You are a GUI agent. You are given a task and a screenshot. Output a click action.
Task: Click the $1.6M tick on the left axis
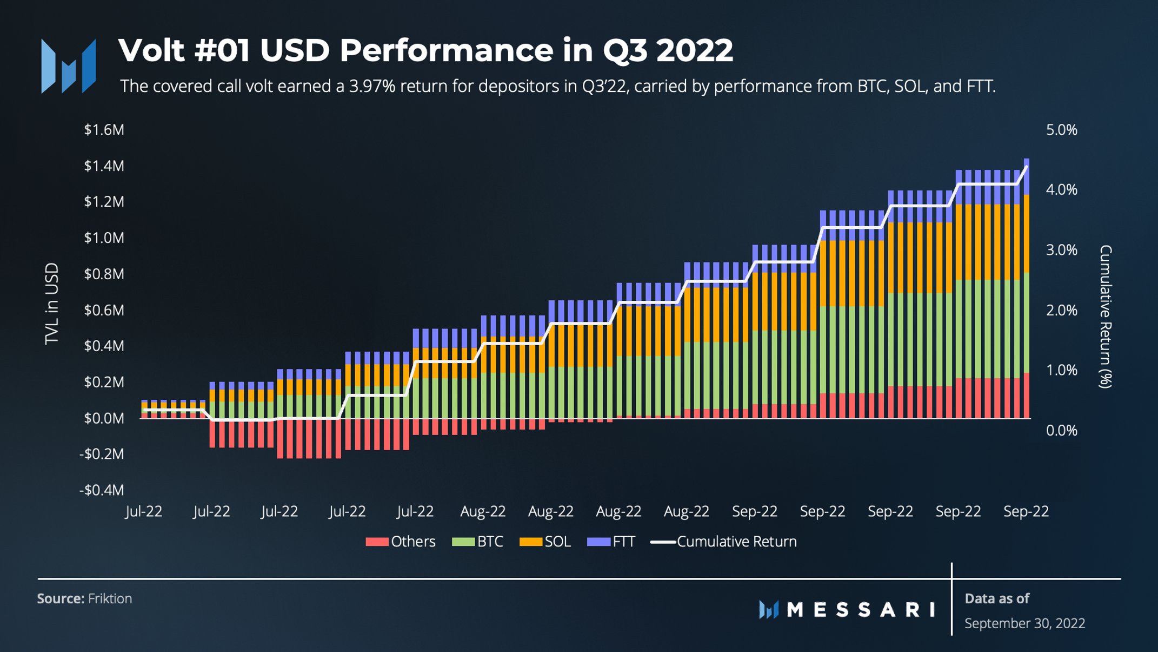pyautogui.click(x=104, y=130)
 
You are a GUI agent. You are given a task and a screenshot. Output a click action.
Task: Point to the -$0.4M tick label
pyautogui.click(x=102, y=490)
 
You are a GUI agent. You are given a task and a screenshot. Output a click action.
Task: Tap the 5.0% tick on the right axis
pyautogui.click(x=1061, y=130)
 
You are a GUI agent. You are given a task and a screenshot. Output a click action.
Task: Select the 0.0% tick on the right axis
pyautogui.click(x=1061, y=431)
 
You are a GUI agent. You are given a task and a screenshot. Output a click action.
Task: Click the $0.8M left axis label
pyautogui.click(x=104, y=274)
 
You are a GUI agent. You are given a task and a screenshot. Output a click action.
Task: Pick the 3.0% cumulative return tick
pyautogui.click(x=1061, y=250)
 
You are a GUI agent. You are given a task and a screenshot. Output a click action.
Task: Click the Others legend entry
pyautogui.click(x=401, y=542)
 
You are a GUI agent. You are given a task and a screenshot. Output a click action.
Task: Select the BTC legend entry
pyautogui.click(x=478, y=542)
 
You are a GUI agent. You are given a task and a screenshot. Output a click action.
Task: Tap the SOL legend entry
pyautogui.click(x=545, y=542)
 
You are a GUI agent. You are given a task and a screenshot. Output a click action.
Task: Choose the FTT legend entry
pyautogui.click(x=611, y=542)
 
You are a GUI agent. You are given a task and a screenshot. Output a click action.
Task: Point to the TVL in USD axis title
pyautogui.click(x=51, y=304)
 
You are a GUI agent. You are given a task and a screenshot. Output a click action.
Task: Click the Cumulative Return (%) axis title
pyautogui.click(x=1106, y=317)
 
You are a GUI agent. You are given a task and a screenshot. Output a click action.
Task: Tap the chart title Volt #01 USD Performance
pyautogui.click(x=425, y=50)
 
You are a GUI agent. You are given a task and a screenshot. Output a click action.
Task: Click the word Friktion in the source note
pyautogui.click(x=110, y=598)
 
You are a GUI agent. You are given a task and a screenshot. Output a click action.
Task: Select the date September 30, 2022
pyautogui.click(x=1024, y=623)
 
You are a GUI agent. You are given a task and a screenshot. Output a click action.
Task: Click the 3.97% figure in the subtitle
pyautogui.click(x=372, y=87)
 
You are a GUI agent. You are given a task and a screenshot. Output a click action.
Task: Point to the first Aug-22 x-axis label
pyautogui.click(x=483, y=511)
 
